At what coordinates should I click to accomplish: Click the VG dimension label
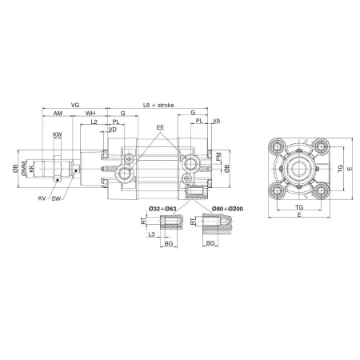coord(75,105)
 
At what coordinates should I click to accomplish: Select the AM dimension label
coord(58,114)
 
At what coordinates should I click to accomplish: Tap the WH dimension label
coord(90,114)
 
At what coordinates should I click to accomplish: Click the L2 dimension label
coord(94,122)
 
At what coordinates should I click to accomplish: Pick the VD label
coord(112,129)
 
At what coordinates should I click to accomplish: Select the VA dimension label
coord(216,121)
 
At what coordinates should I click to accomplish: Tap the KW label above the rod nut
coord(58,135)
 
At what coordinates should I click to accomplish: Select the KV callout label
coord(42,196)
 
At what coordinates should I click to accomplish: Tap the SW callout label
coord(57,196)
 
